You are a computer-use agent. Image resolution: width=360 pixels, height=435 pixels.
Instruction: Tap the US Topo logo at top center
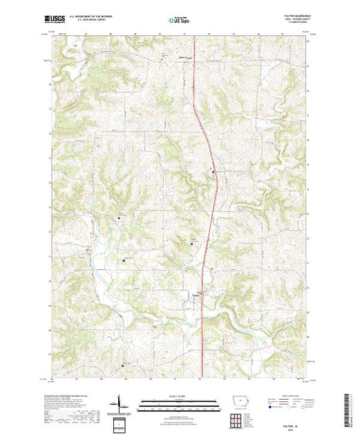(179, 21)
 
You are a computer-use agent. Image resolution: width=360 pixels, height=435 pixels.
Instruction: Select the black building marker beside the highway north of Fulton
(213, 171)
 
